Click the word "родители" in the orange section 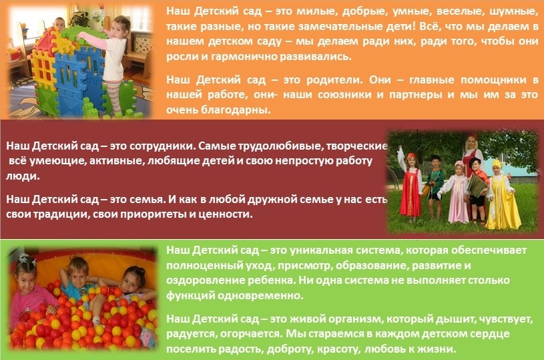point(334,80)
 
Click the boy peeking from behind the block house point(59,25)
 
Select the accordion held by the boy point(477,186)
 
